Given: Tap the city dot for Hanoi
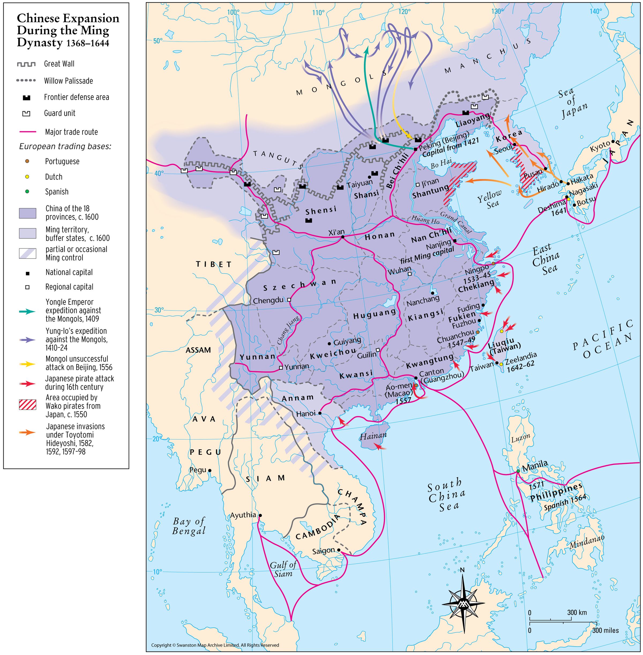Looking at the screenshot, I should tap(319, 413).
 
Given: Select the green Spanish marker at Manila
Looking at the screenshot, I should tap(518, 471).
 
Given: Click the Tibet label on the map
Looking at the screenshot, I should tap(214, 264).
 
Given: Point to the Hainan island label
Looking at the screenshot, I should tap(373, 436).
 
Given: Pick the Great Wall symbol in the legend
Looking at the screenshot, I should tap(26, 64).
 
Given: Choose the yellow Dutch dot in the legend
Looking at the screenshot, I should tap(27, 177).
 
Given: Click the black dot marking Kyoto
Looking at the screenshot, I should tap(613, 142).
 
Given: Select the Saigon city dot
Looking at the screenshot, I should tap(339, 550).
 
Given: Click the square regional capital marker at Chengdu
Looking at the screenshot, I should tap(289, 300).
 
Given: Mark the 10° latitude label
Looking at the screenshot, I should tap(157, 572).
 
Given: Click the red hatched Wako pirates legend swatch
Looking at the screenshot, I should tap(27, 405).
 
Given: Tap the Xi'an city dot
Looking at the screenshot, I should tap(342, 237).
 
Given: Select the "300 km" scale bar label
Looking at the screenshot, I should tap(577, 612).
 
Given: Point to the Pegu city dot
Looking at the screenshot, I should tap(210, 470).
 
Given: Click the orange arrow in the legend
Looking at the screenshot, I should tap(27, 432).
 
